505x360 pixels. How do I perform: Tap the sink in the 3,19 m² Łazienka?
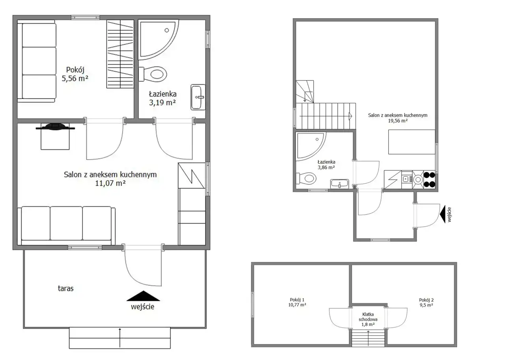tap(198, 97)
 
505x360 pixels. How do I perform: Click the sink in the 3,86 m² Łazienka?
tap(340, 184)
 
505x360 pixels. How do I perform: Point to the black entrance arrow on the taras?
tap(143, 296)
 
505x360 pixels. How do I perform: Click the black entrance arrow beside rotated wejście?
tap(443, 214)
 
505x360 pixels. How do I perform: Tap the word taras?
tap(65, 288)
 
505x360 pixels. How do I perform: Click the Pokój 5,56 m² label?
tap(75, 74)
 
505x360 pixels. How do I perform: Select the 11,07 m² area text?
tap(110, 183)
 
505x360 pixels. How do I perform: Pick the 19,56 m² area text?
tap(398, 121)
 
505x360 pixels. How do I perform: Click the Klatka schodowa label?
tap(368, 317)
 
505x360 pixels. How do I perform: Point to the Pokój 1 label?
tap(297, 300)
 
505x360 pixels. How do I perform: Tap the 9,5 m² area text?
tap(426, 305)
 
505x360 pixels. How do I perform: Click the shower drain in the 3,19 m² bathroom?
tap(166, 30)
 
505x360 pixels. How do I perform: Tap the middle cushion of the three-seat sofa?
tap(66, 223)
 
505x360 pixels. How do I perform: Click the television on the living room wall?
tap(55, 127)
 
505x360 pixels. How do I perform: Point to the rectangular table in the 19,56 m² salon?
tap(411, 142)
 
